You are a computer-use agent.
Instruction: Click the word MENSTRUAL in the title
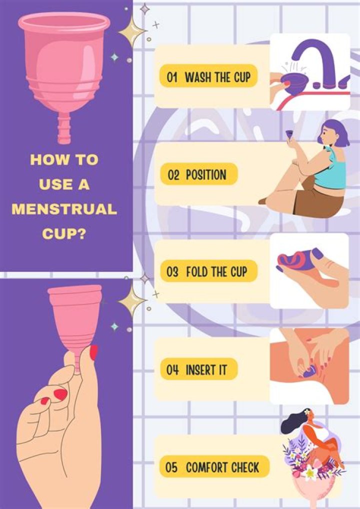click(64, 209)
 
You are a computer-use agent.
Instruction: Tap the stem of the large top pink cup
click(64, 129)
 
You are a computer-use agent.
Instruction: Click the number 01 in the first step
click(172, 77)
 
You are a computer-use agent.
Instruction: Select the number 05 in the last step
click(172, 467)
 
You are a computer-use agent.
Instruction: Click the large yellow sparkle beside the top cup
click(131, 31)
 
